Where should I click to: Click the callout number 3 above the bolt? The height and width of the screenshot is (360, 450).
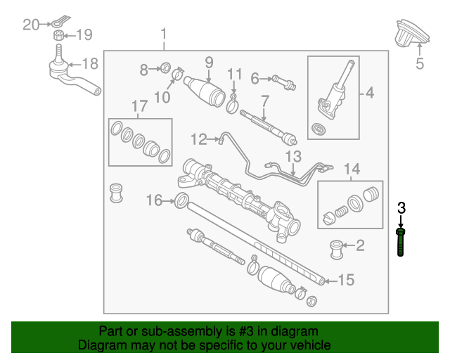pos(401,207)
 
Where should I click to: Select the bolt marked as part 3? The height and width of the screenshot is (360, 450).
pos(401,243)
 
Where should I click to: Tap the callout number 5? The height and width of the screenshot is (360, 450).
pos(419,65)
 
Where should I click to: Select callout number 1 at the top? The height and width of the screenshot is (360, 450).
pos(164,33)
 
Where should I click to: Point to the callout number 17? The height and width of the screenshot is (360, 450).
pos(139,106)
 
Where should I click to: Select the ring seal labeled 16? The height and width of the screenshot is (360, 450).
pos(181,202)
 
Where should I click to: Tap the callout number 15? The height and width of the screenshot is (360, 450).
pos(345,281)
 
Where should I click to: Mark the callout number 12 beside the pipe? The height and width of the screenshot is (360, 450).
pos(198,140)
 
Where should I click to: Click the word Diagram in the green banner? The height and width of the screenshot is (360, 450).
pos(102,346)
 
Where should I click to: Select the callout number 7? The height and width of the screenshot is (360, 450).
pos(264,101)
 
